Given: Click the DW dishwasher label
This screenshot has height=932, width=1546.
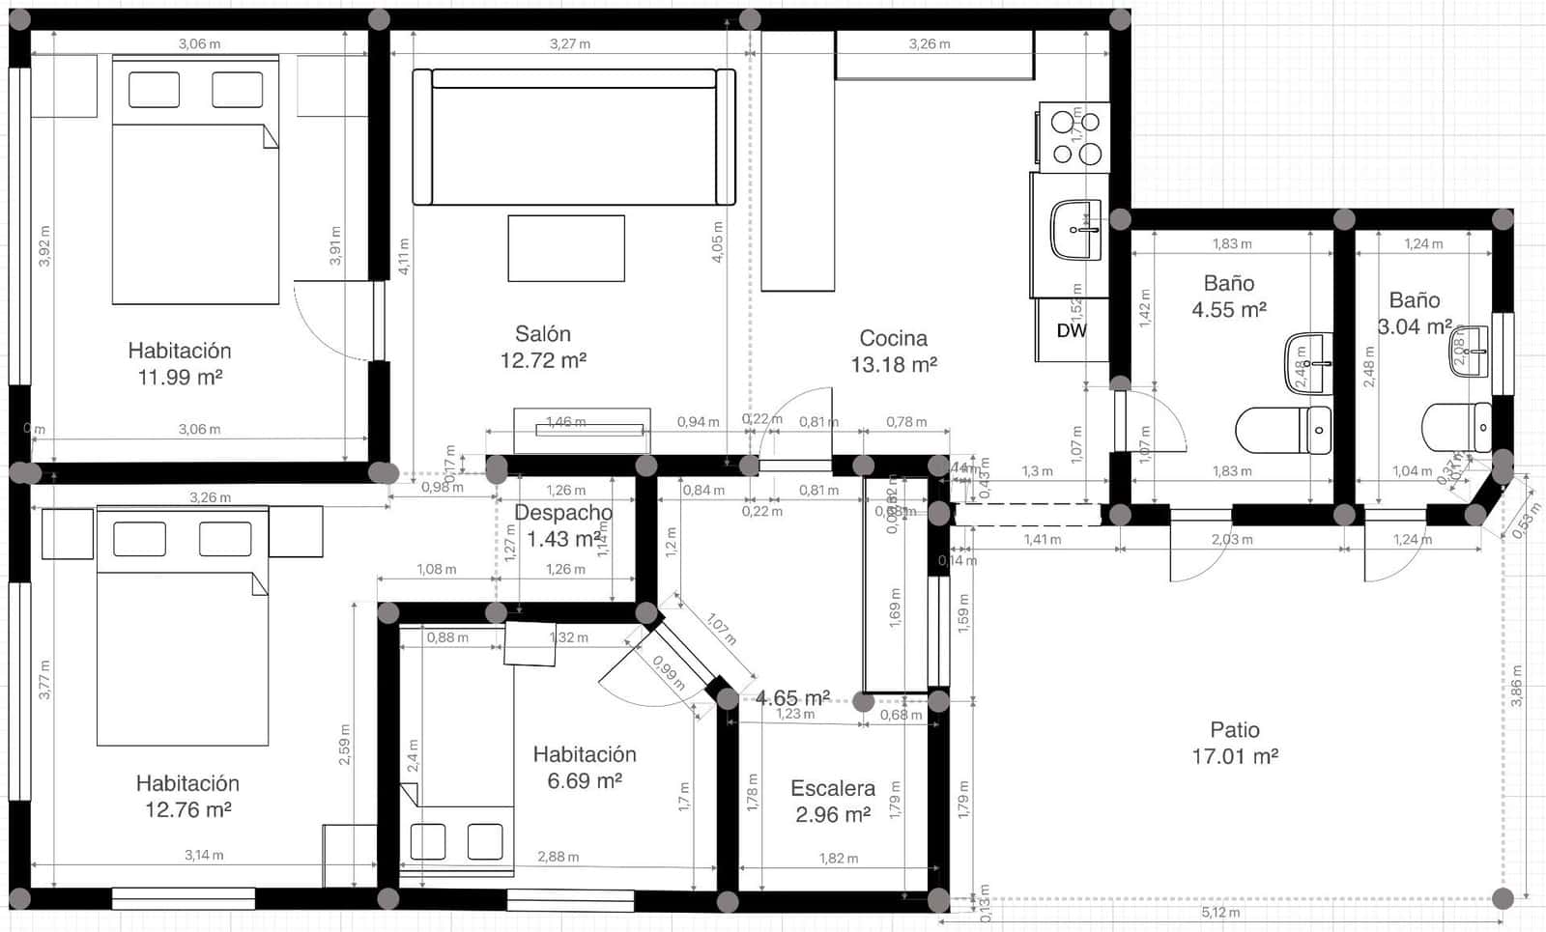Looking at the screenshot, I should point(1071,330).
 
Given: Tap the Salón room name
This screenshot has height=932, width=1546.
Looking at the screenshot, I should point(542,334).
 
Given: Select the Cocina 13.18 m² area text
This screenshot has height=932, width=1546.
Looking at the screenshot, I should point(893,365).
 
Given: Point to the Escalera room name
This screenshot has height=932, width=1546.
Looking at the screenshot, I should point(832,788).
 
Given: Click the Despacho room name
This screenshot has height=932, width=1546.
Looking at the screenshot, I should point(562,513).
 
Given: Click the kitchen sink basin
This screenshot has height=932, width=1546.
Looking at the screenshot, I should point(1075,230).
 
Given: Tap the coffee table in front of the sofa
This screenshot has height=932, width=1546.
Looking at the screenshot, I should point(566,248).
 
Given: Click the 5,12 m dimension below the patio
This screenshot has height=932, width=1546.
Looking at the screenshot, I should point(1219,912).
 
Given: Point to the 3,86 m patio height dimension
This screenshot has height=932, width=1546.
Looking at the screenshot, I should point(1516,686).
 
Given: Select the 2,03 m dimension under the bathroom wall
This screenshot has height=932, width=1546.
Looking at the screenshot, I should point(1231,540).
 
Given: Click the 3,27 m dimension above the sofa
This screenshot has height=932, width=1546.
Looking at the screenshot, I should point(570,43).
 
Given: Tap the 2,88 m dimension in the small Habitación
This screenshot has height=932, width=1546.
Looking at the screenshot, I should point(558,857).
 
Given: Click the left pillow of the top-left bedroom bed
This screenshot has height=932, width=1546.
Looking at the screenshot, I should point(154,90).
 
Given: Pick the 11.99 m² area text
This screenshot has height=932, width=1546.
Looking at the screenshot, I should point(180,378).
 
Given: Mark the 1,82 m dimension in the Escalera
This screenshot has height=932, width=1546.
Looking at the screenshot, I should point(838,859).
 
